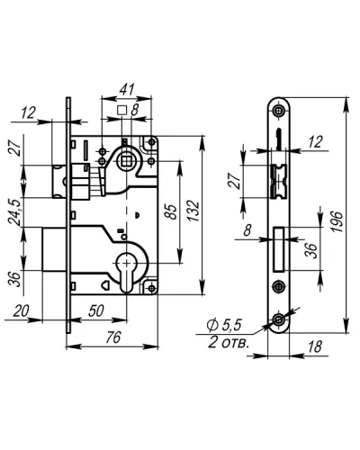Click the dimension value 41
coord(127,89)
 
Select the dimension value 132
coord(194,211)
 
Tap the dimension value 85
coord(171,212)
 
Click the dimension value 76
coord(113,337)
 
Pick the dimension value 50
coord(96,311)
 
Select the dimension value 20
coord(21,310)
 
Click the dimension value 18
coord(314,347)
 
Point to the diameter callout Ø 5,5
coord(224,325)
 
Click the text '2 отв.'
coord(229,342)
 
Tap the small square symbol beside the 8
coord(121,110)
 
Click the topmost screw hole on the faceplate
coord(279,111)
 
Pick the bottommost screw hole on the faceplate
coord(279,320)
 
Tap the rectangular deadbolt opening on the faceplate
coord(279,249)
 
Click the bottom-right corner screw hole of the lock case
coord(152,288)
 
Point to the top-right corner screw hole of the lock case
coord(151,142)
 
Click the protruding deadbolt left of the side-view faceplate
coord(54,249)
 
